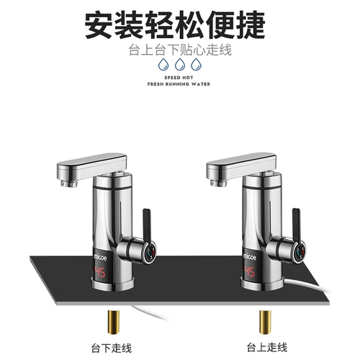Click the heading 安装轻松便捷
click(175, 26)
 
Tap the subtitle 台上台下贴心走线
click(180, 50)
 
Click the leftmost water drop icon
click(163, 64)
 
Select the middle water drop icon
click(180, 64)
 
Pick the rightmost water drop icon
click(196, 64)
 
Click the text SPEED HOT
click(179, 78)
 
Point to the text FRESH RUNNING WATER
click(179, 84)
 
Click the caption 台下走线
click(112, 348)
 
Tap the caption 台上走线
click(267, 347)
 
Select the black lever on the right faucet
click(296, 225)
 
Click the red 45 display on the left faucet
click(100, 272)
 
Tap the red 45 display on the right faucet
click(249, 271)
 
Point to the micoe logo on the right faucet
click(250, 257)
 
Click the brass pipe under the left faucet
click(114, 322)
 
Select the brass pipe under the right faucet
click(265, 322)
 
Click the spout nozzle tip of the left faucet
click(69, 184)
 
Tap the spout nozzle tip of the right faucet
click(219, 183)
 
